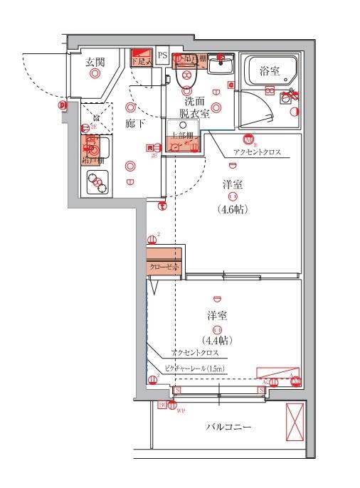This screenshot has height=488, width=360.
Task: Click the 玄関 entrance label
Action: point(95,62)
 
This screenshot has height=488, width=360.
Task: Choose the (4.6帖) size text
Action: point(233,209)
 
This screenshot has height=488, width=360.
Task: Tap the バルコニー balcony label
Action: point(231,427)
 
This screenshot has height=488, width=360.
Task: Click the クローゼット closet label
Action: point(164,267)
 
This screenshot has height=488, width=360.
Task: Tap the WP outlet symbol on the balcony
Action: point(171,406)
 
